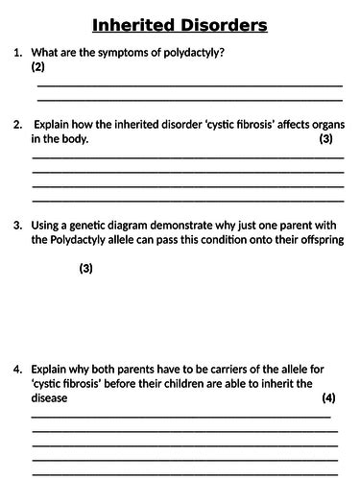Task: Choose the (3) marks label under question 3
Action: coord(85,269)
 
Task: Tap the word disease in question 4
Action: coord(50,398)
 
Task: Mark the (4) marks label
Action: coord(328,398)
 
